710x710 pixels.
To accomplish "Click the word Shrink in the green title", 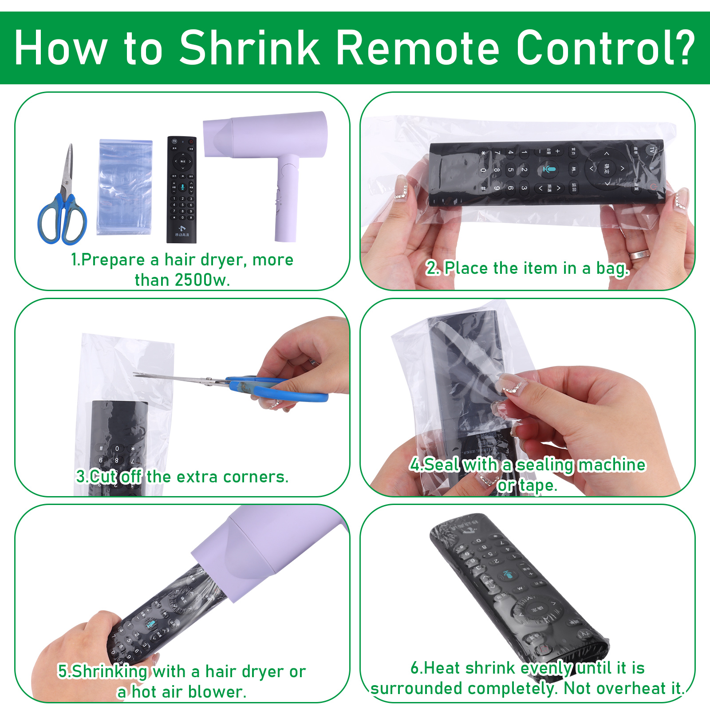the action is pos(250,48).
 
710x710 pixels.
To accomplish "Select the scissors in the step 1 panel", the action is pos(62,195).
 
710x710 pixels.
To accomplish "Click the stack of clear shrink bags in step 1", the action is pos(125,186).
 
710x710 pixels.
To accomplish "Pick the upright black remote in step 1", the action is pos(181,189).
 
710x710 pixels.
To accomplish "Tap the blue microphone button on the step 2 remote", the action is pos(549,169).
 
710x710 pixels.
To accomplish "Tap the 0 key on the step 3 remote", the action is pos(117,449).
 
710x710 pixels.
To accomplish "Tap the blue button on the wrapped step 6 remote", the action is pos(508,575).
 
